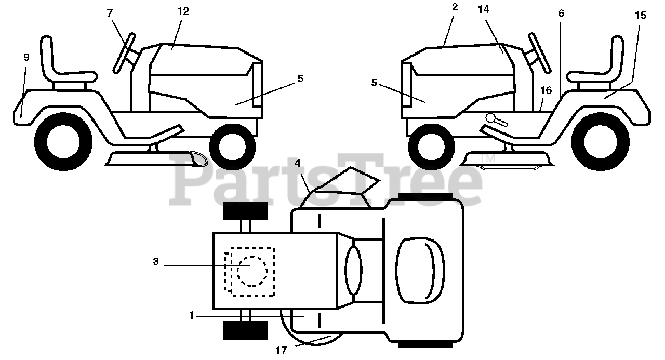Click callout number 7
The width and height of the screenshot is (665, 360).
coord(110,14)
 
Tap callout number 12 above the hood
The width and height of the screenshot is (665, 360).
coord(182,11)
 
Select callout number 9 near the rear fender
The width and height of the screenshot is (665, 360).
coord(26,57)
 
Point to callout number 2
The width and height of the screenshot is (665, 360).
coord(455,7)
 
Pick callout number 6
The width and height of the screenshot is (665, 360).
coord(561,14)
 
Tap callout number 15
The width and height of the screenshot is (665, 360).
coord(641,15)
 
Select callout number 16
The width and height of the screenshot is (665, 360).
coord(546,90)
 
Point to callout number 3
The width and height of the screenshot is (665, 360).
coord(156,262)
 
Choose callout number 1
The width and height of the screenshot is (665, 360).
coord(192,315)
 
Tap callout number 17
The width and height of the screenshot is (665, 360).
coord(281,350)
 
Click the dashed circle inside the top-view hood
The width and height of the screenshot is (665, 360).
coord(252,271)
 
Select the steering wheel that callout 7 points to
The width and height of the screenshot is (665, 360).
coord(124,52)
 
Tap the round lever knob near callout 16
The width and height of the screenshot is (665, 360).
coord(489,118)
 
